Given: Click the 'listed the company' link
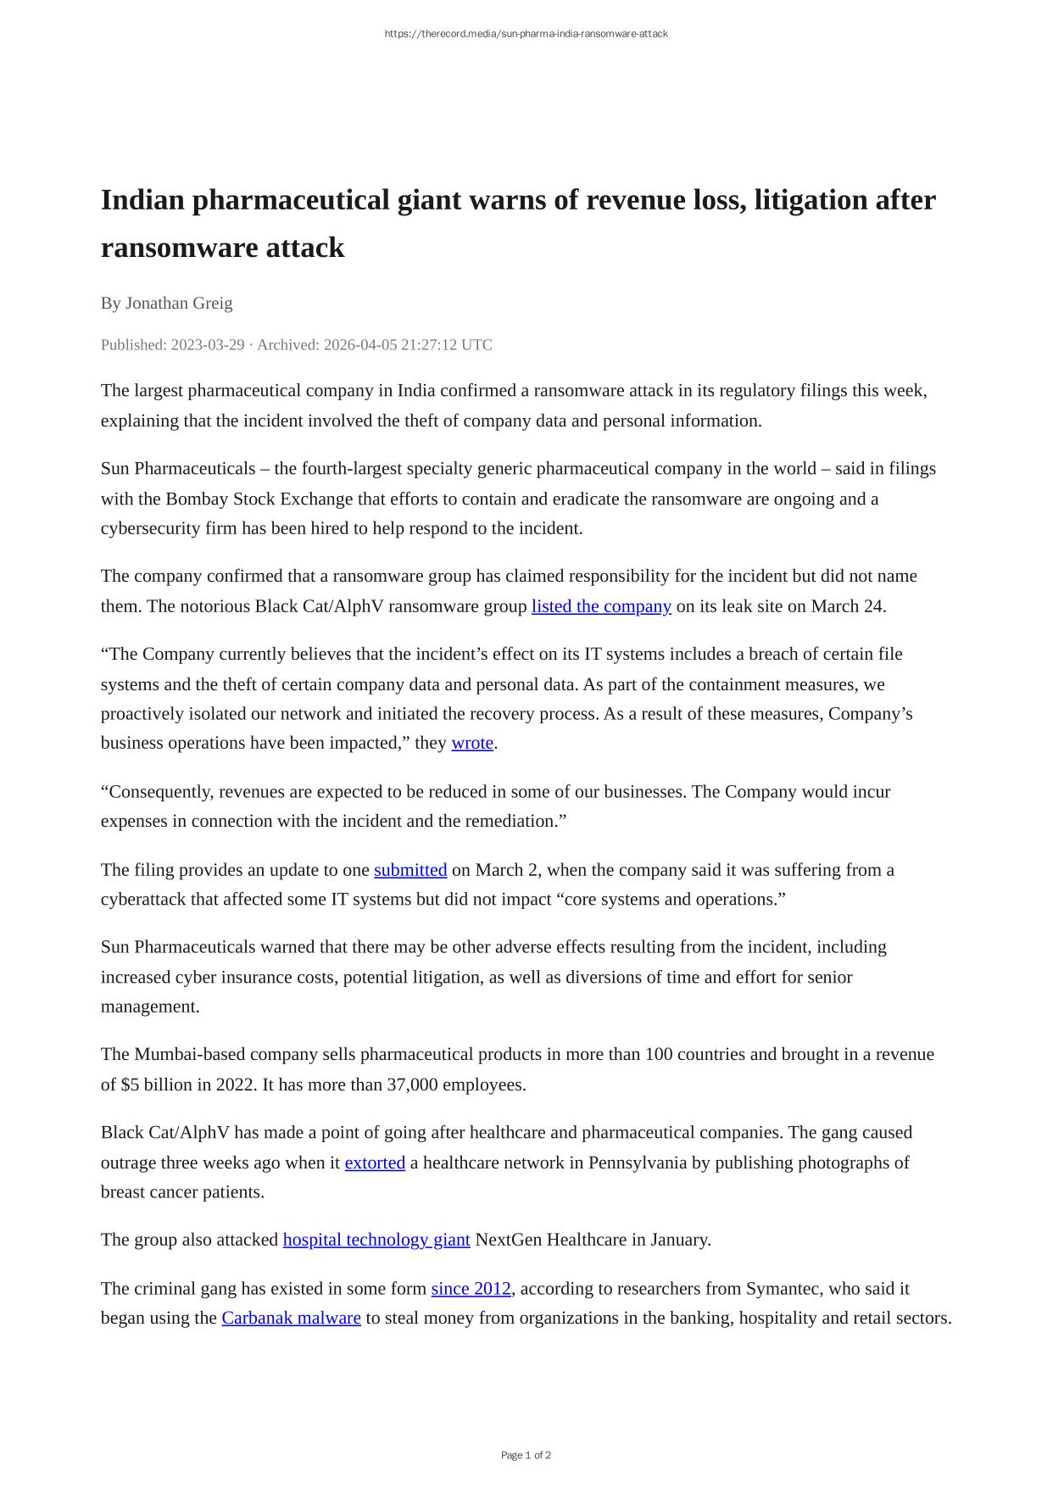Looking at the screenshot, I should tap(601, 606).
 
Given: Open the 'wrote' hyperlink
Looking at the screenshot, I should tap(472, 743).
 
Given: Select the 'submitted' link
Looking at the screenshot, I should tap(410, 870).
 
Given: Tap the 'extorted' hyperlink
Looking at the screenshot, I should tap(375, 1163).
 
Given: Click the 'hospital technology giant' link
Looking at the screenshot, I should tap(376, 1240).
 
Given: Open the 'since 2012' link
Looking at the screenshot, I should tap(471, 1289).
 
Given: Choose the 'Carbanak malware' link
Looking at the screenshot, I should tap(291, 1318).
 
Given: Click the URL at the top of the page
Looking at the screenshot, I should tap(526, 34).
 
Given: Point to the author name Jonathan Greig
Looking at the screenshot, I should tap(179, 303).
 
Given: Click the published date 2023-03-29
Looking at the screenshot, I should tap(208, 344).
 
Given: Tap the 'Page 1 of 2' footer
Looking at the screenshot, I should tap(526, 1455).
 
